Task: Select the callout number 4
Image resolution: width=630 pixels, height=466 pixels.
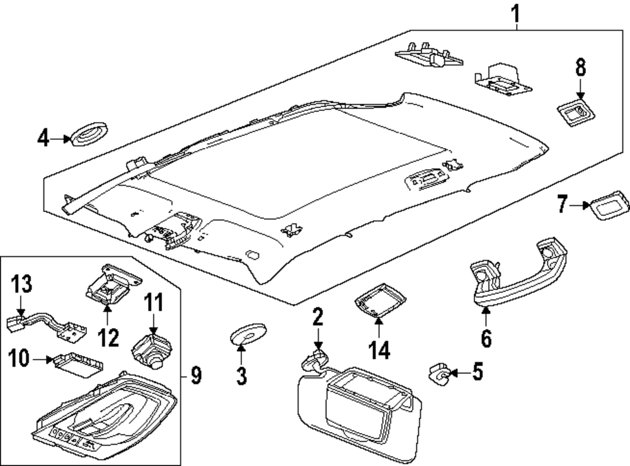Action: pos(42,138)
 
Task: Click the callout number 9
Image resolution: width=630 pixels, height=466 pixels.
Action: pos(196,377)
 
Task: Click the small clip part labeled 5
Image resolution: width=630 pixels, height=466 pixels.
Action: pos(438,373)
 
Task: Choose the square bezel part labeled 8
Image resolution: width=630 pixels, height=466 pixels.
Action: pos(576,113)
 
